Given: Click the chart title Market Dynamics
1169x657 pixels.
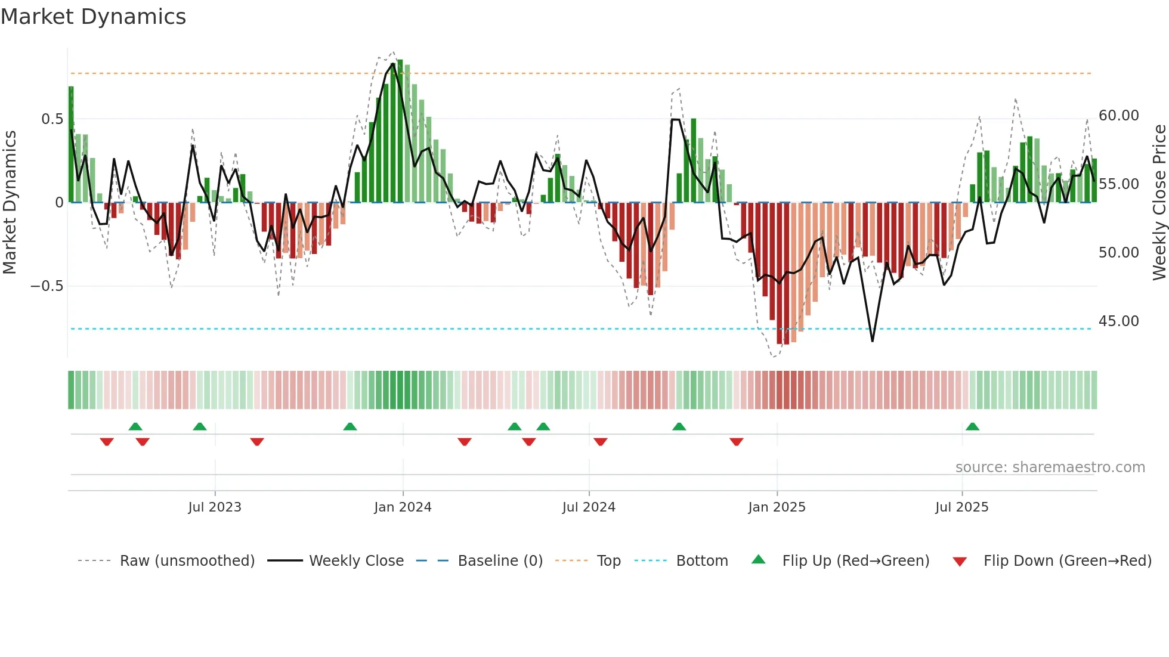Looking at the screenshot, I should pos(93,17).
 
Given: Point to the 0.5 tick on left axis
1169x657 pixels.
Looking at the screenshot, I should pos(52,119).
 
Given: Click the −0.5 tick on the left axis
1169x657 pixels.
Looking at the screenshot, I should pos(47,286).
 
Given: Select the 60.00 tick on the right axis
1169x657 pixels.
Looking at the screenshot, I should pos(1118,116).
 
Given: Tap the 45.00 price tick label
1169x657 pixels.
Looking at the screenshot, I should pos(1118,321).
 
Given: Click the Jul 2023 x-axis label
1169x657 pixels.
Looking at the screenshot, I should pos(215,507).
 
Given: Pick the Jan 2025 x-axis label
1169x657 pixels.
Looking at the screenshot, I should pos(777,507).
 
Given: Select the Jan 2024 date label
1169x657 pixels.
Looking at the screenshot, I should pos(403,507).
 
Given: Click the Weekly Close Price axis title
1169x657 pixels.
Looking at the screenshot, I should pos(1159,203).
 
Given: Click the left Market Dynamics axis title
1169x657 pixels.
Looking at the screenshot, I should pos(10,203).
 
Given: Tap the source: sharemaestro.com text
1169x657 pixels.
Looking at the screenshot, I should pos(1050,467).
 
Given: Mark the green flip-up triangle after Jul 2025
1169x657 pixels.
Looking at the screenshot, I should pos(972,426).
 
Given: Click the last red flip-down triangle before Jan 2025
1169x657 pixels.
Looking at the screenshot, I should pos(736,442).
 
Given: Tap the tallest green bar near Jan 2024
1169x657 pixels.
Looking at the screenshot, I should pos(400,131).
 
